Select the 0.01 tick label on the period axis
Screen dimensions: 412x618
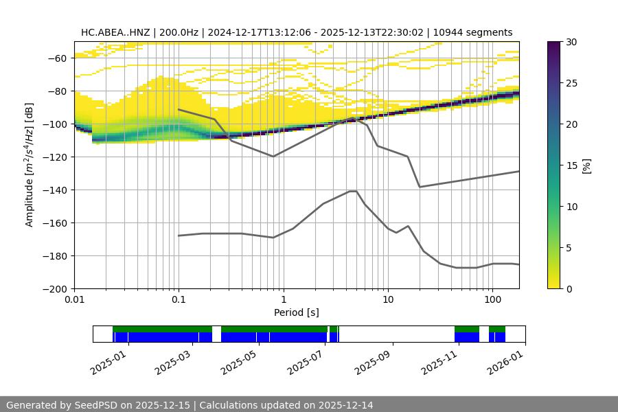(74, 300)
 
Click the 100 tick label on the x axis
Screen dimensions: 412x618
(492, 300)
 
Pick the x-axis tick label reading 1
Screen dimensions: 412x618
(283, 300)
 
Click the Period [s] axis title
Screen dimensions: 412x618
(297, 312)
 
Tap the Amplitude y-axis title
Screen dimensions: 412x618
(30, 165)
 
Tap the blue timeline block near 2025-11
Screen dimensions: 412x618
(467, 337)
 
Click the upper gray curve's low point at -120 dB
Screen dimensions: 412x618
(273, 157)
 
